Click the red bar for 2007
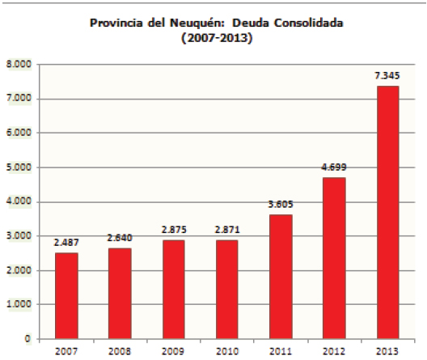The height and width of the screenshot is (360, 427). point(66,295)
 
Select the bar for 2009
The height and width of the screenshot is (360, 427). point(173,289)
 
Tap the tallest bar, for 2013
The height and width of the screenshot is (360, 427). point(387,212)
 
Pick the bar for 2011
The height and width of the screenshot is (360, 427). point(281,276)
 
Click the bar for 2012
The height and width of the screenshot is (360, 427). point(334,257)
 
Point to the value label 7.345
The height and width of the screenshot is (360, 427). point(387,76)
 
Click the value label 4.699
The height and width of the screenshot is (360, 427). point(334,167)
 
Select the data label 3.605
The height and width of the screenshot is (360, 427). point(281,205)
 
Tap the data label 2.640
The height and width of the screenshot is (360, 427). point(120,238)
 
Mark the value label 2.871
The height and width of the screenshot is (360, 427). point(227,230)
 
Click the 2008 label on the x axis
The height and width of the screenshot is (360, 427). point(120,350)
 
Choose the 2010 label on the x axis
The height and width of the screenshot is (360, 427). point(227,350)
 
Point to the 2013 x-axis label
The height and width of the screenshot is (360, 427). point(387,350)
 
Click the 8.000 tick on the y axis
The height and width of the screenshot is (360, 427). point(19,64)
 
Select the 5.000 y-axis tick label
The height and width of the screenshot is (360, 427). point(19,167)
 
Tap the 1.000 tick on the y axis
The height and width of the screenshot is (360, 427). point(19,304)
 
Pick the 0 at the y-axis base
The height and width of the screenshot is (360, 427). point(27,339)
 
